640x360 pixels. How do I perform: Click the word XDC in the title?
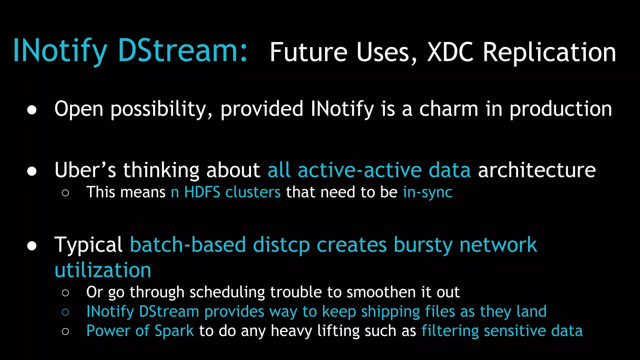click(x=450, y=52)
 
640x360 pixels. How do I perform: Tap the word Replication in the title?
click(x=549, y=52)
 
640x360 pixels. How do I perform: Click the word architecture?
click(x=537, y=170)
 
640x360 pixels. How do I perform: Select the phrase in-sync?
click(x=427, y=192)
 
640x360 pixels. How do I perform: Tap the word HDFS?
click(x=202, y=192)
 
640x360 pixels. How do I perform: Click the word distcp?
click(x=281, y=245)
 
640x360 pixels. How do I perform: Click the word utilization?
click(x=103, y=270)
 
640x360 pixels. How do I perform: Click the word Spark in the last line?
click(x=174, y=331)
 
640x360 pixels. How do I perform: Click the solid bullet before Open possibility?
click(x=32, y=110)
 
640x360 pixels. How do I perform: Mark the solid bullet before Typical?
click(x=32, y=246)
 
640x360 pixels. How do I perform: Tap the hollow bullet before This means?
click(x=65, y=193)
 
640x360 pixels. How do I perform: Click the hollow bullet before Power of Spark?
click(x=65, y=332)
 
